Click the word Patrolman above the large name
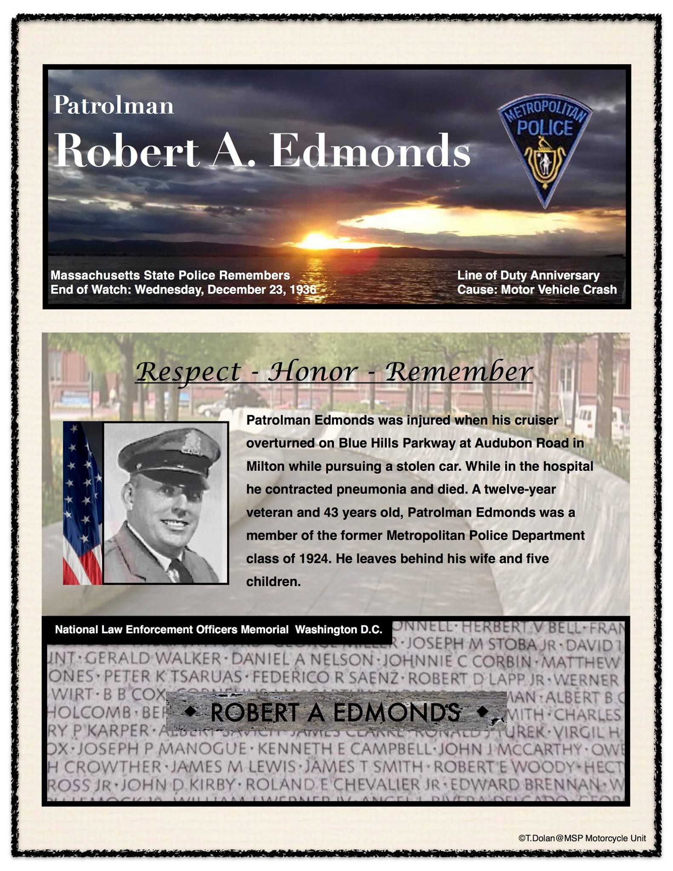pos(113,105)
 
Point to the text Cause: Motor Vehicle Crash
pos(536,290)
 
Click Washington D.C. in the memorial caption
pos(339,629)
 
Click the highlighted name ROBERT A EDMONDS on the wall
pos(335,713)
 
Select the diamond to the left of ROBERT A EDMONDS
pos(191,711)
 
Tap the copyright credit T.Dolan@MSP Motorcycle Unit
pos(582,838)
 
